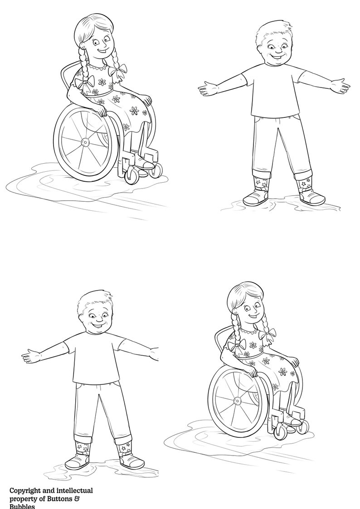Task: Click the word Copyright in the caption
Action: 26,490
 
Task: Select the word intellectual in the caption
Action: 72,490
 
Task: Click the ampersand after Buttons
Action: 90,499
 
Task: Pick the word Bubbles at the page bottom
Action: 22,506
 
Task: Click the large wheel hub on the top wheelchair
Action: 85,142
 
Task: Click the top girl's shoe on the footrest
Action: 146,163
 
